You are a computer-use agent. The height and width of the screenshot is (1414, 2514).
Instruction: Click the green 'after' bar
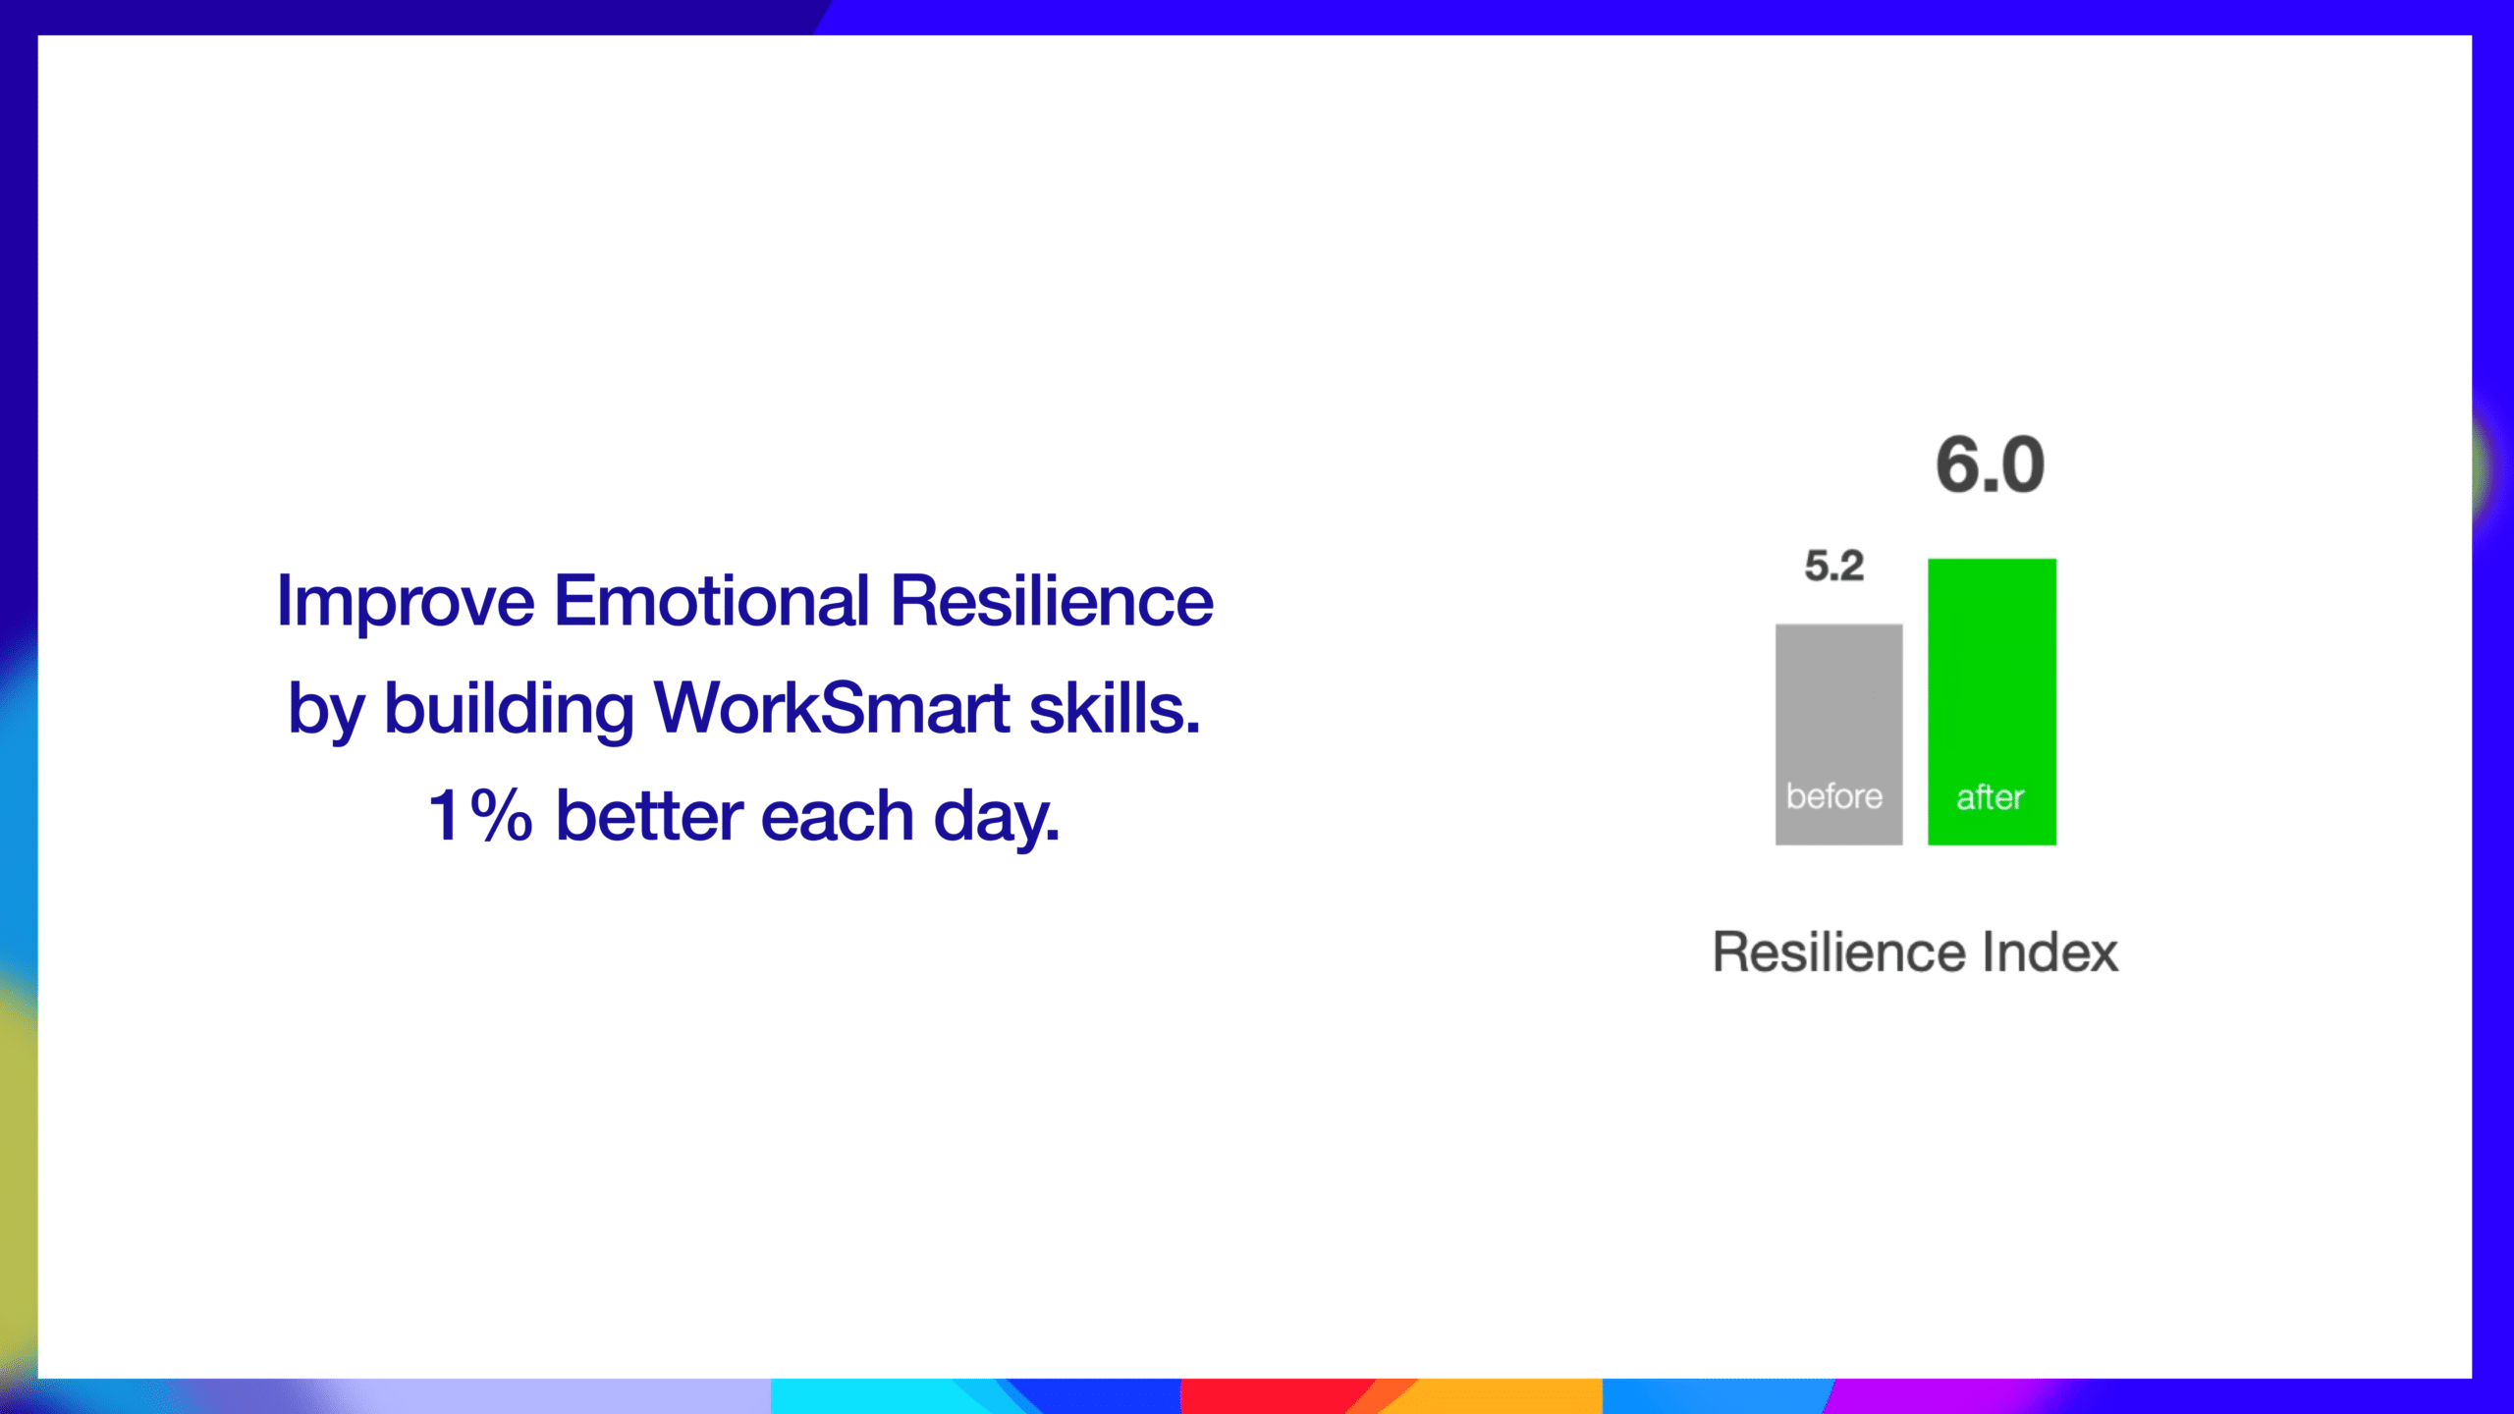click(1992, 701)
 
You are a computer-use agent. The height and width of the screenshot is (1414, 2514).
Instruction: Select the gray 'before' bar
click(1838, 734)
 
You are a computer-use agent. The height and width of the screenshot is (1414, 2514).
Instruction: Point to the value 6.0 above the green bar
click(1991, 464)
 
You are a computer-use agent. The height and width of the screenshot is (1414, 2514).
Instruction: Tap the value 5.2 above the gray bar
click(1833, 566)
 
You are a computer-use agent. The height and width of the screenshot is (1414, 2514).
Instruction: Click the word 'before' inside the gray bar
click(1834, 795)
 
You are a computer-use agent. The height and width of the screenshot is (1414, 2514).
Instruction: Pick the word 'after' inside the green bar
click(1991, 796)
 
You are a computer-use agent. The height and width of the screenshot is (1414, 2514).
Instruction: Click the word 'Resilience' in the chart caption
click(1839, 952)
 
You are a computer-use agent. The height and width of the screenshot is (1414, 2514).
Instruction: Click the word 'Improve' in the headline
click(406, 603)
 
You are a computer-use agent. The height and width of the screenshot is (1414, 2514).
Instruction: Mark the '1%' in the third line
click(480, 815)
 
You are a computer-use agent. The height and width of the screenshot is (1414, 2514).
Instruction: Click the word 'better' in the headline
click(650, 815)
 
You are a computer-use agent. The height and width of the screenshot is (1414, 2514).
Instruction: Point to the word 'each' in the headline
click(838, 815)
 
